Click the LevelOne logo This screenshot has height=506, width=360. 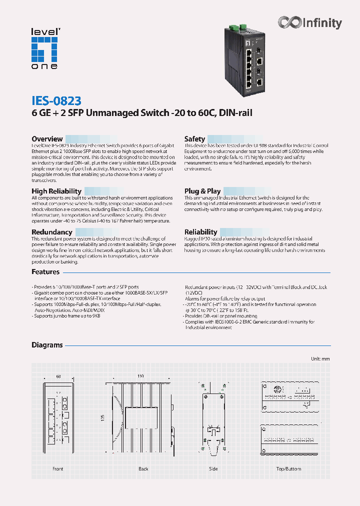tap(45, 48)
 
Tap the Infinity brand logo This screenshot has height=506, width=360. tap(310, 23)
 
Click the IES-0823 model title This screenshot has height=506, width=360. tap(56, 100)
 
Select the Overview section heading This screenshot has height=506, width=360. tap(47, 139)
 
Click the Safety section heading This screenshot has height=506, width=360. tap(194, 139)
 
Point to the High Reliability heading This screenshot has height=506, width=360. tap(56, 191)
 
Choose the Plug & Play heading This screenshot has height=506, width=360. tap(202, 191)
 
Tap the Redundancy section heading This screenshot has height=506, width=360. tap(51, 232)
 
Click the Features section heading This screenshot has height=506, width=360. tap(45, 272)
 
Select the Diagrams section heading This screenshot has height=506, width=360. tap(47, 345)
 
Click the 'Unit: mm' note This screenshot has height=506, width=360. tap(320, 359)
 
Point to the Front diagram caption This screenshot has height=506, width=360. tap(58, 469)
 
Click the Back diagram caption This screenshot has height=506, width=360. tap(143, 469)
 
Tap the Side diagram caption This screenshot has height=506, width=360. tap(213, 469)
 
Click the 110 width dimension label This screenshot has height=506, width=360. tap(140, 376)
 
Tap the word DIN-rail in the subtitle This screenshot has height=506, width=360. tap(234, 113)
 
